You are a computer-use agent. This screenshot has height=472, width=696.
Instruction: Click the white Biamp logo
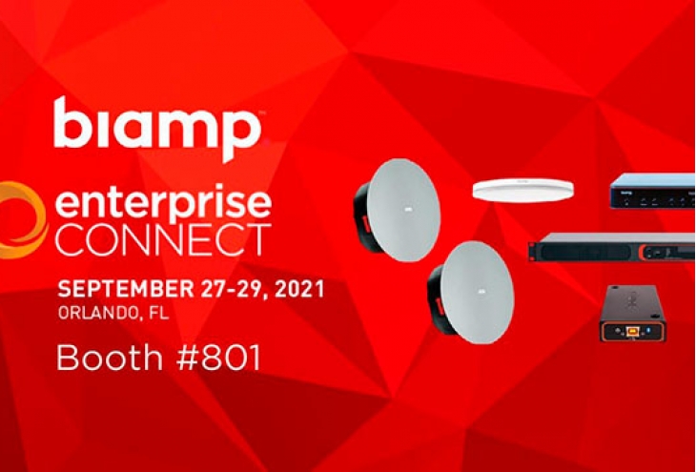[157, 128]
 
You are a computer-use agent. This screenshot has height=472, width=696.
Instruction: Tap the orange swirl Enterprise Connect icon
[23, 219]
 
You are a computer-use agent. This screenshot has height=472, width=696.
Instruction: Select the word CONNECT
[163, 240]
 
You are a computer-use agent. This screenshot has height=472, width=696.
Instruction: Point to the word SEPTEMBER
[126, 290]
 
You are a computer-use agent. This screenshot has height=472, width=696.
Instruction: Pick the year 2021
[299, 290]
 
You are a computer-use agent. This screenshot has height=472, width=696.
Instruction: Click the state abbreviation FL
[158, 313]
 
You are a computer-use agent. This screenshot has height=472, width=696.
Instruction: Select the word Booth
[110, 358]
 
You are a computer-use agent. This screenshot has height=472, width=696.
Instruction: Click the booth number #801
[218, 358]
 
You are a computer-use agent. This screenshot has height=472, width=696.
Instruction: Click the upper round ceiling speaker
[397, 210]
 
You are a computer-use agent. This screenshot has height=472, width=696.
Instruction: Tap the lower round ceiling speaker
[470, 292]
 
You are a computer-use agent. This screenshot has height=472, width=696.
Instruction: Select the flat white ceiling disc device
[522, 191]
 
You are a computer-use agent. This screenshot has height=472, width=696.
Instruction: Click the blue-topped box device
[652, 191]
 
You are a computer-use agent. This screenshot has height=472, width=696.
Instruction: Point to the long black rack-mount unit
[612, 247]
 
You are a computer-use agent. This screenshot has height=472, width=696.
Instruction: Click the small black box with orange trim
[632, 314]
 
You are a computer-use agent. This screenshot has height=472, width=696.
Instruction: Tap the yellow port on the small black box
[631, 331]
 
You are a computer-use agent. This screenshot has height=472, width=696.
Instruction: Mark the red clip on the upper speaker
[366, 223]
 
